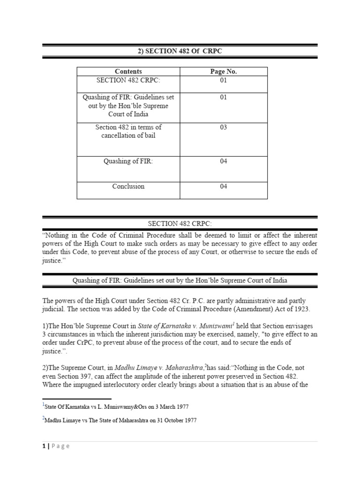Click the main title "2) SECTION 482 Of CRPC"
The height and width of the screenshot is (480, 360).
click(180, 51)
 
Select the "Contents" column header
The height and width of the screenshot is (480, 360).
click(128, 71)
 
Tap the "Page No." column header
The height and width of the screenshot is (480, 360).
click(224, 71)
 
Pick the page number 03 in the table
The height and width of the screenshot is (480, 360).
click(224, 127)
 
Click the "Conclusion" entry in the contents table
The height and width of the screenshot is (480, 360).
click(128, 186)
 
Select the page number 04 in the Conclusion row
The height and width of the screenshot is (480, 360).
click(224, 186)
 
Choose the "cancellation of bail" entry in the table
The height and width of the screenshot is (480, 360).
click(128, 136)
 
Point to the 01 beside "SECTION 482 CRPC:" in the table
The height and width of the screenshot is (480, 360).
click(224, 80)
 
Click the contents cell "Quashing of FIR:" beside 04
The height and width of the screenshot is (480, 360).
click(128, 161)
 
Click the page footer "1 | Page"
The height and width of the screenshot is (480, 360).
click(56, 446)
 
